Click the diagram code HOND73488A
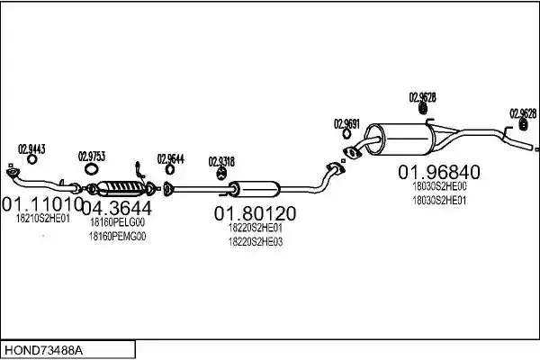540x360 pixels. [x=44, y=350]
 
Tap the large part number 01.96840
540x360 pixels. [x=439, y=172]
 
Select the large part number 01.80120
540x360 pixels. [x=255, y=213]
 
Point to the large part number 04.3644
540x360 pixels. [x=117, y=208]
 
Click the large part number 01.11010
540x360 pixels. [x=42, y=204]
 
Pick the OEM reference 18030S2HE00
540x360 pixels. [x=439, y=186]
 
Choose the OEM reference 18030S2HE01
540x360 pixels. [x=439, y=200]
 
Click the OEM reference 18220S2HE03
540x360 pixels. [x=256, y=242]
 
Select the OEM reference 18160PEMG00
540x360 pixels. [x=117, y=237]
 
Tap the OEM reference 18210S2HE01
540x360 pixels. [x=43, y=219]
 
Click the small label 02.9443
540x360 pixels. [x=31, y=149]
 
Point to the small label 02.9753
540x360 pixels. [x=92, y=157]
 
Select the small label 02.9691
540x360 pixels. [x=346, y=123]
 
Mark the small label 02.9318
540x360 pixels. [x=221, y=162]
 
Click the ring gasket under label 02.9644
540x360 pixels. [x=170, y=169]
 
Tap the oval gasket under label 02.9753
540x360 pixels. [x=91, y=169]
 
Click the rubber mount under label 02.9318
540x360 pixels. [x=221, y=174]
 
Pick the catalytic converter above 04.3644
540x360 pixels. [x=121, y=189]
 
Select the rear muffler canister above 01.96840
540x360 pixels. [x=400, y=139]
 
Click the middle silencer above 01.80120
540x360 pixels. [x=254, y=189]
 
